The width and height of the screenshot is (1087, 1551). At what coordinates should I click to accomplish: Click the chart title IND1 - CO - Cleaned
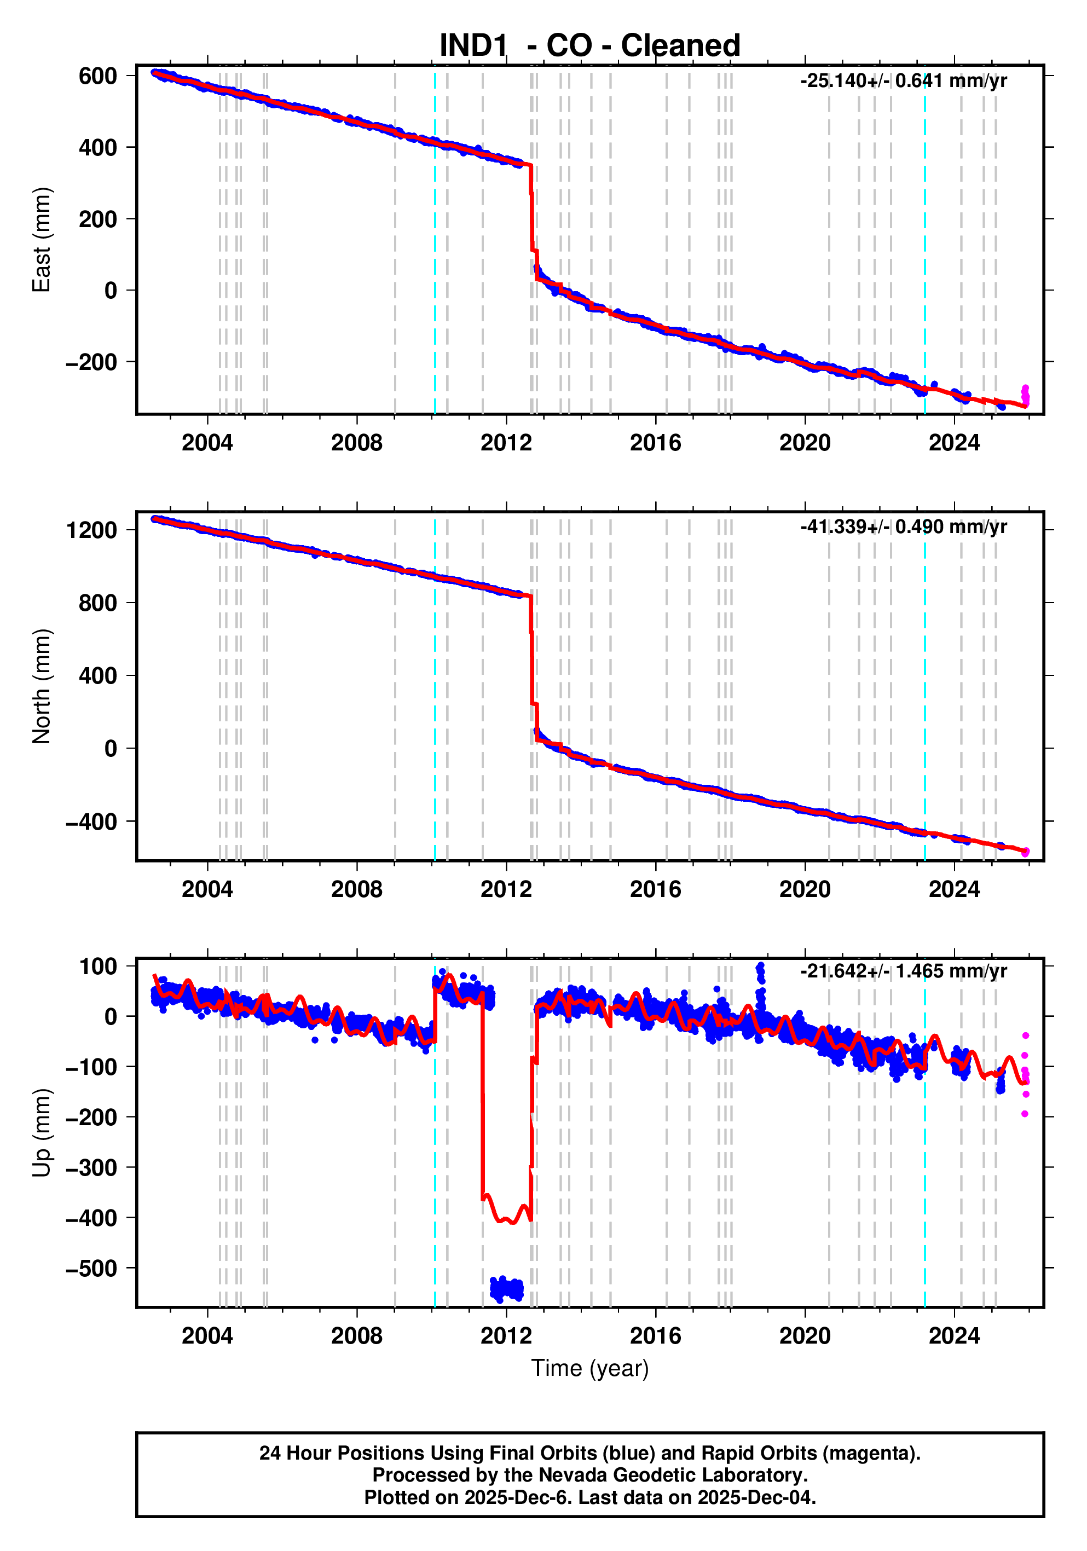[x=590, y=46]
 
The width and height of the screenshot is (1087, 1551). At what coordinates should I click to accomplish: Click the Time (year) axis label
[x=590, y=1368]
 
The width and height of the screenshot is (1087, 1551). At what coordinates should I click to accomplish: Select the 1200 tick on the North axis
[x=91, y=530]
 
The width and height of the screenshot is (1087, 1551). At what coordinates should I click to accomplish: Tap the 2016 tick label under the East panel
[x=655, y=443]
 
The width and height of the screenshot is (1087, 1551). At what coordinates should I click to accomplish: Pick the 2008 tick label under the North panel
[x=357, y=890]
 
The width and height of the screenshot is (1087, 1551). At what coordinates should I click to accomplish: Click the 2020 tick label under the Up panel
[x=805, y=1336]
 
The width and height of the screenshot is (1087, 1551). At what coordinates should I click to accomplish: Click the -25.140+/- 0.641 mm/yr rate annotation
[x=903, y=81]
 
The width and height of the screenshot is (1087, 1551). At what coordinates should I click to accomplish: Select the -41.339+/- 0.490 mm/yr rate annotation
[x=903, y=527]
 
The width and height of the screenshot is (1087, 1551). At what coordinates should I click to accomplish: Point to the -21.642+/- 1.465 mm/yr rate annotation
[x=903, y=971]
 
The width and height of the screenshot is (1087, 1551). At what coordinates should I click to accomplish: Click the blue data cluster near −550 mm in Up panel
[x=507, y=1289]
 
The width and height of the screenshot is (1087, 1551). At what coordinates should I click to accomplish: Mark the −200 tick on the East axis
[x=91, y=363]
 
